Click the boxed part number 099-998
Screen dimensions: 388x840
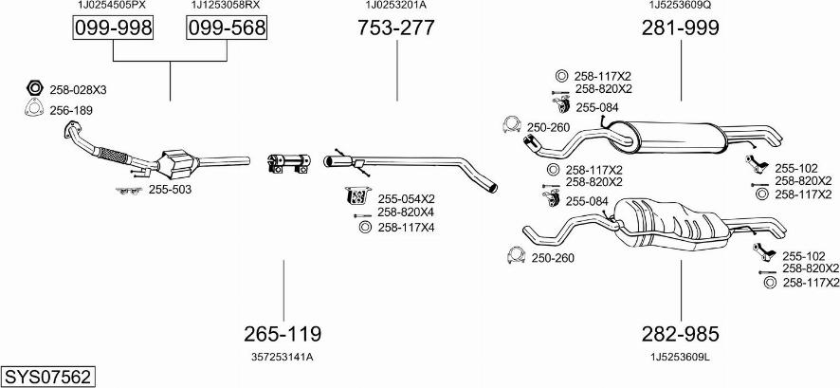pos(113,29)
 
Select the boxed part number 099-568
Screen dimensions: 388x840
pos(226,29)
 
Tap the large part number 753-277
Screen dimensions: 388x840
pos(395,28)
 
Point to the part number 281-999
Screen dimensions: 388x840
pos(681,28)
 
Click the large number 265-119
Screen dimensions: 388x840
pos(283,334)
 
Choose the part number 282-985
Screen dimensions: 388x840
pos(681,334)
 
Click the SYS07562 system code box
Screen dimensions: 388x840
pos(47,377)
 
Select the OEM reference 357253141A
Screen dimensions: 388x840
pos(283,357)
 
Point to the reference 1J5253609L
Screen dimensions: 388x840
pos(681,357)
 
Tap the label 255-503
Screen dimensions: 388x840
pos(169,190)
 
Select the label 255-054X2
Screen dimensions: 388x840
pos(406,198)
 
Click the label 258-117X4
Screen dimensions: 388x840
pos(406,227)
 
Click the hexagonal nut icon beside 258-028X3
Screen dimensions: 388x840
pos(33,89)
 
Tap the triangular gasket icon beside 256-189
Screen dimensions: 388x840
pos(33,110)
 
